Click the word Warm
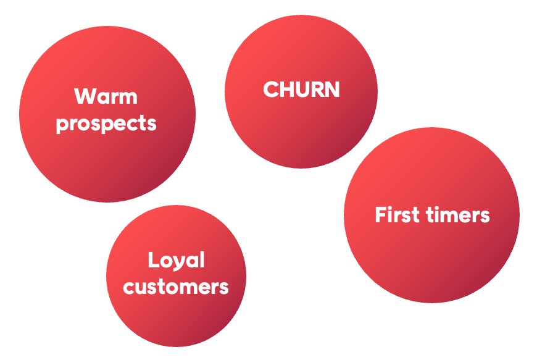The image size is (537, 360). pos(106,97)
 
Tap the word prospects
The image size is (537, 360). pos(106,123)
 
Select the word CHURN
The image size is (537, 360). pos(301,90)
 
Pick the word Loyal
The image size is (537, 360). pos(176,261)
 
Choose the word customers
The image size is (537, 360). pos(176,287)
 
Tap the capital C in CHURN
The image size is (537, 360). pos(272,90)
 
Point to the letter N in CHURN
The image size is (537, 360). pos(332,90)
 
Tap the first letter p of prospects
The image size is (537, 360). pos(62,125)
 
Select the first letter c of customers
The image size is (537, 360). pos(128,288)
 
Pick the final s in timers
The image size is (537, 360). pos(485,216)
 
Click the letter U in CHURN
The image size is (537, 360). pos(302,90)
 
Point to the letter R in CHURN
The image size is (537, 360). pos(317,90)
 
